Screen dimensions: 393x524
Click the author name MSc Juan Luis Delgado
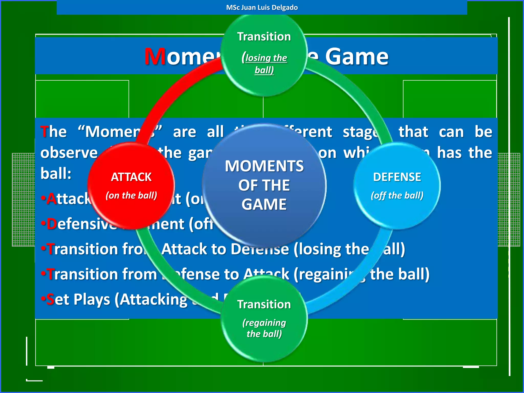coord(262,7)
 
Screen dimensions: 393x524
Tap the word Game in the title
coord(357,57)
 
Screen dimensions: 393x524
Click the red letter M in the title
coord(155,57)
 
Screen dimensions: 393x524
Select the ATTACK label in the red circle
coord(131,177)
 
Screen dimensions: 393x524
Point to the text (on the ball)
coord(131,195)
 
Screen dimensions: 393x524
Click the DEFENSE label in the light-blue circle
coord(397,177)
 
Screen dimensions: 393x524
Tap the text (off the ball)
coord(397,195)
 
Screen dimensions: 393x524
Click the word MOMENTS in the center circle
coord(264,166)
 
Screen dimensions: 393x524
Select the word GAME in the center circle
coord(264,204)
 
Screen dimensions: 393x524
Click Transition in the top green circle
coord(264,37)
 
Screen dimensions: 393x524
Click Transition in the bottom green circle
coord(264,304)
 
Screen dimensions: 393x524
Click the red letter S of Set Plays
coord(50,299)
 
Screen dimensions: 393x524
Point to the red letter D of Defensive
coord(51,224)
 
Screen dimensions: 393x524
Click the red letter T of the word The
coord(45,132)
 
